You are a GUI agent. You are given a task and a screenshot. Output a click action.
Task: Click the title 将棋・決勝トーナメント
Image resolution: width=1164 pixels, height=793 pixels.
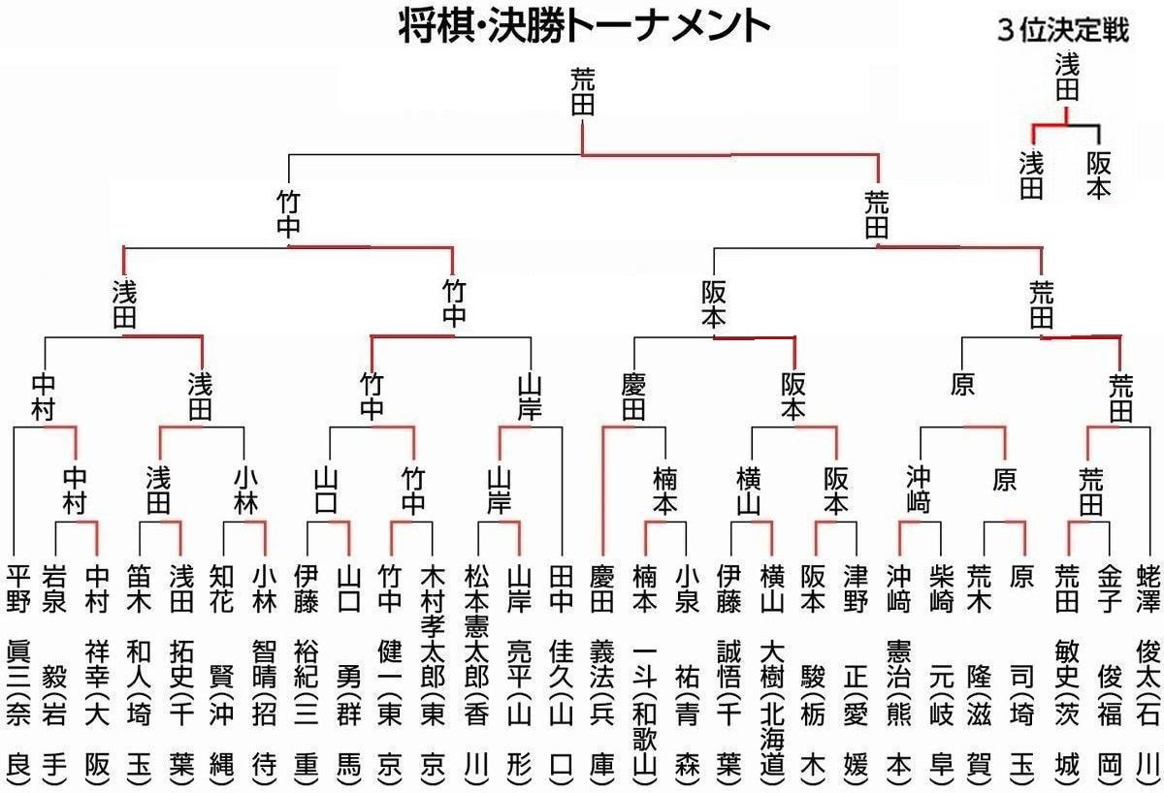point(584,26)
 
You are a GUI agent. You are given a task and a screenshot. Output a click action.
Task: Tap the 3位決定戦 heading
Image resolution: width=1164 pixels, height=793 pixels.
point(1063,30)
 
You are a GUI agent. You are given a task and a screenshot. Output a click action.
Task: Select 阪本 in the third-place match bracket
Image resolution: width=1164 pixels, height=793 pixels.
point(1099,174)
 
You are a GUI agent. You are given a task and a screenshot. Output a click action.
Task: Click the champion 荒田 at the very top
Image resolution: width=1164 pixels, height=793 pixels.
point(582,93)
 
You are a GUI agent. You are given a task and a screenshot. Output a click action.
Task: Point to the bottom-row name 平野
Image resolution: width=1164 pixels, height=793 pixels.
point(17,587)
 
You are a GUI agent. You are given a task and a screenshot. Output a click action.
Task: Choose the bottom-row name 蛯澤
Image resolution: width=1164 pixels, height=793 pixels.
point(1148,587)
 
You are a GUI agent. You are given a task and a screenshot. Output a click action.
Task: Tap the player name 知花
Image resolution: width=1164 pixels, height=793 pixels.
point(222,587)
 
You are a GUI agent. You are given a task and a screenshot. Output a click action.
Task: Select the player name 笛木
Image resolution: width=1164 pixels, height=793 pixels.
point(139,587)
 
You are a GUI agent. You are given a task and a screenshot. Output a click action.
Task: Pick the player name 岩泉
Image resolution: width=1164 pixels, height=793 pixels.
point(54,587)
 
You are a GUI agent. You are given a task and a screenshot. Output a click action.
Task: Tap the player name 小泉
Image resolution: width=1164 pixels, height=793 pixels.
point(686,587)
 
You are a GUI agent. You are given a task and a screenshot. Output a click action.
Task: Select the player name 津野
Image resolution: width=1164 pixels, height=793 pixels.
point(854,587)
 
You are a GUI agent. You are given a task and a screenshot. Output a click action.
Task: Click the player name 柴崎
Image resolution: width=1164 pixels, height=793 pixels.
point(938,587)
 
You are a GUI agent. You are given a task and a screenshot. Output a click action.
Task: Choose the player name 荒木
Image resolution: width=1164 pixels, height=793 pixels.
point(980,587)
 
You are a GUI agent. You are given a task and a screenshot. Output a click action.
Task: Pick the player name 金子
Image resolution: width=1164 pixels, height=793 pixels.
point(1107,587)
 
